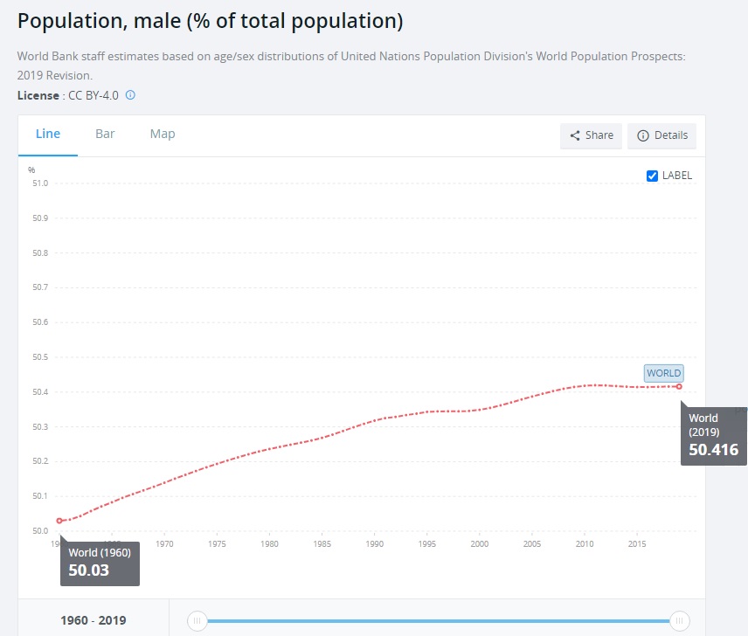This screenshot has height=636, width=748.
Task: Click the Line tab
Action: coord(48,134)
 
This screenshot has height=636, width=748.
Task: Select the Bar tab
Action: coord(105,134)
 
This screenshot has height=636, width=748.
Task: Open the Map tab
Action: coord(163,134)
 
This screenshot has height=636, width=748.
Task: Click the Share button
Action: coord(591,135)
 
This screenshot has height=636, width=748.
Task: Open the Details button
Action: coord(661,135)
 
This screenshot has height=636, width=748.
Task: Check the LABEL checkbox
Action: coord(652,176)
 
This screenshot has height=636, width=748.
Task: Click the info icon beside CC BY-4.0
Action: coord(130,94)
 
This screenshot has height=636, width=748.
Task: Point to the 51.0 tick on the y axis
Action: coord(39,183)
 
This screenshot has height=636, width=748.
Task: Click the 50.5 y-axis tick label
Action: coord(39,357)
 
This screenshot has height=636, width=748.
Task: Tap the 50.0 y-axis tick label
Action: coord(39,531)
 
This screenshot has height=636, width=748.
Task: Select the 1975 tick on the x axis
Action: coord(218,544)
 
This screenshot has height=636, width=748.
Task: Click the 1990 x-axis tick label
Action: coord(374,544)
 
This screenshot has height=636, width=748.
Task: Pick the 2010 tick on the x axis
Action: coord(584,544)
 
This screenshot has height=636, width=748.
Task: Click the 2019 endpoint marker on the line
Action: coord(679,386)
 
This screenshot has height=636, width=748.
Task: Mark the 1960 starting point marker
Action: coord(59,521)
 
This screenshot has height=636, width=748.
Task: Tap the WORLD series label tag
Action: coord(663,373)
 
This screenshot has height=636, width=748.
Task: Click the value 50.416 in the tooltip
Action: coord(713,451)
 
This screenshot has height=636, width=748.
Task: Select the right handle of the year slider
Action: coord(679,621)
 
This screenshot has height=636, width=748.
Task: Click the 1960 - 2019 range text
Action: coord(93,621)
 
